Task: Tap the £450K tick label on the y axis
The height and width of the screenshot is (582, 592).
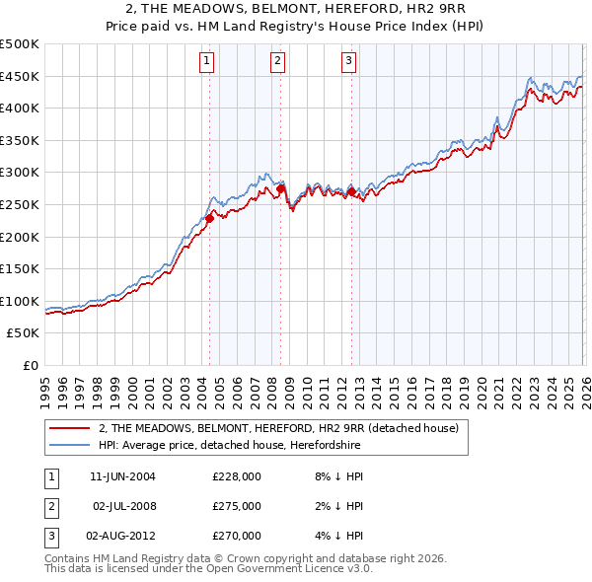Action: point(20,76)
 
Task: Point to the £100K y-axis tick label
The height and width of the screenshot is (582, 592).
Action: point(20,301)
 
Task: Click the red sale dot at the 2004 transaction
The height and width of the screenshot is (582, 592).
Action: point(209,219)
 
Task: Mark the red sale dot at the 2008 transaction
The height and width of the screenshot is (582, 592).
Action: point(280,188)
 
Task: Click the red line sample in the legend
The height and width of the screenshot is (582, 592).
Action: point(68,429)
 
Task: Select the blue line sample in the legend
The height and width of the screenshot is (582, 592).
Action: point(68,445)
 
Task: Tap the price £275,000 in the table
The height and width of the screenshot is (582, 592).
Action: point(237,506)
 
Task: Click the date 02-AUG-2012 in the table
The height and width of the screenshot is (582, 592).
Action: point(123,536)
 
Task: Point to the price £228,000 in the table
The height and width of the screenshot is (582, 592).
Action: point(237,476)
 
